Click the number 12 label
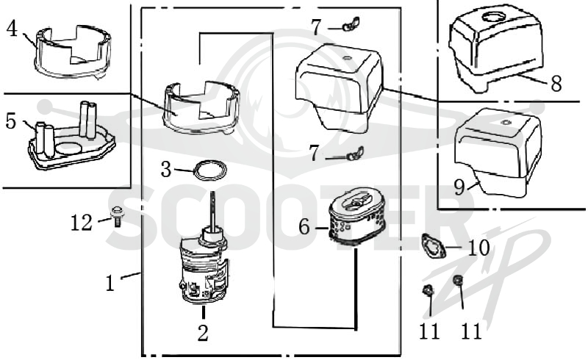click(82, 223)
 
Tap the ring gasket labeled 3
click(210, 170)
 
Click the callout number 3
click(166, 170)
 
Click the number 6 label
click(304, 227)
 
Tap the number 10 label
click(479, 248)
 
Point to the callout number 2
click(203, 333)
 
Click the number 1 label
click(110, 283)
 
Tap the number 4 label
click(12, 29)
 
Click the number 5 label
click(11, 121)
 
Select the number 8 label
click(556, 83)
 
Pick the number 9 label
click(459, 187)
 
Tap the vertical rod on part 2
click(214, 211)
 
